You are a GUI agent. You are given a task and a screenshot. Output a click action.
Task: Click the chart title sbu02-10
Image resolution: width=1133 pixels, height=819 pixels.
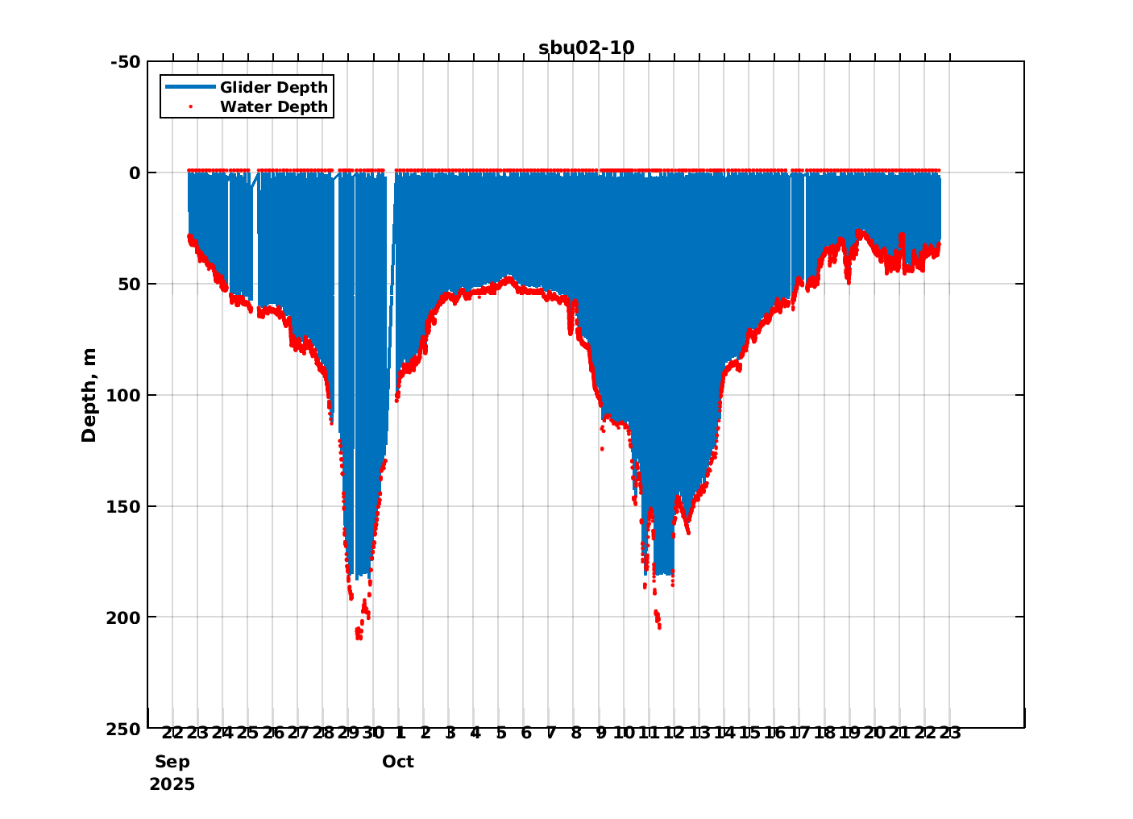[586, 48]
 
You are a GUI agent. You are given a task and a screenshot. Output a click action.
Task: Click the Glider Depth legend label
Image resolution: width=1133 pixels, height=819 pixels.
[274, 87]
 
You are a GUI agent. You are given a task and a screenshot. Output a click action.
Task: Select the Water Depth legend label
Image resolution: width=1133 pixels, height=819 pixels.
[274, 106]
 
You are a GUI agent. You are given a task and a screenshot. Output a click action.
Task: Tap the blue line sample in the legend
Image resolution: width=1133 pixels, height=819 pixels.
[190, 87]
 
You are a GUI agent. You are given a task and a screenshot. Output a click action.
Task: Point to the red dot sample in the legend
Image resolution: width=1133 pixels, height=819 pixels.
[190, 106]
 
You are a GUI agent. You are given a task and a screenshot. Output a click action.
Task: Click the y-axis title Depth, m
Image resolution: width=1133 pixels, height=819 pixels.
[89, 395]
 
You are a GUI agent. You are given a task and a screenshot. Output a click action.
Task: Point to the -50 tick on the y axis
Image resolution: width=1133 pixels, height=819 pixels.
[125, 62]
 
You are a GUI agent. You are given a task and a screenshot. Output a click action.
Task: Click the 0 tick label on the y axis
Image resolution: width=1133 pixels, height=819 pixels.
[135, 173]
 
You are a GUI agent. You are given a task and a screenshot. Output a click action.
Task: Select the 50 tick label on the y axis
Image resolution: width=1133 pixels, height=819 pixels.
[130, 284]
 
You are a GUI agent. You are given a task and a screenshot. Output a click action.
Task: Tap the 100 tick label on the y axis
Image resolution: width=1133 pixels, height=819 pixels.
[125, 395]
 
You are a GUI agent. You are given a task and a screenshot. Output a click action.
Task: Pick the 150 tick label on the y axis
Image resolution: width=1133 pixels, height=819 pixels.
[125, 506]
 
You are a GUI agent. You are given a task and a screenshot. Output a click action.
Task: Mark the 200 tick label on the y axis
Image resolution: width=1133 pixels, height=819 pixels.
[125, 617]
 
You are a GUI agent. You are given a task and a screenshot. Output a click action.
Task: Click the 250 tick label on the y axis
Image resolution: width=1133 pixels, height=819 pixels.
[125, 729]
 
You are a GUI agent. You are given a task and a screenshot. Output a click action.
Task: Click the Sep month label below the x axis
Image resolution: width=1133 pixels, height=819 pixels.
[172, 762]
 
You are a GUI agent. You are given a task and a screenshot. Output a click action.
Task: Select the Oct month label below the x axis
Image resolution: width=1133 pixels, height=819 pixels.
[398, 762]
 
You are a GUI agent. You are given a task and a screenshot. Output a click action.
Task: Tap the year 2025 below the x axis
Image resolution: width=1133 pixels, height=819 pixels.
[172, 784]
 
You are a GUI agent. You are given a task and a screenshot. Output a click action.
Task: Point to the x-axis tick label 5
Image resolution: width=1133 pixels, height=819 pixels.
[500, 734]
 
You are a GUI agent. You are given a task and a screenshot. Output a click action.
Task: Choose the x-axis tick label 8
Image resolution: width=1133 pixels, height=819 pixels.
[576, 734]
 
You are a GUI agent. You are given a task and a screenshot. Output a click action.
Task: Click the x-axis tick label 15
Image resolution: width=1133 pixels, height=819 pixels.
[749, 734]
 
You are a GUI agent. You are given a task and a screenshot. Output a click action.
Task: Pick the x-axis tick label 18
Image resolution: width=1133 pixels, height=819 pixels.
[824, 734]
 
